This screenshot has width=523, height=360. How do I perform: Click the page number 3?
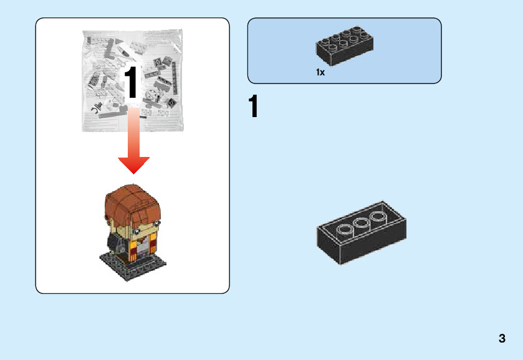502,339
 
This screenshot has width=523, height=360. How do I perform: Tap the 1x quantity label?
320,73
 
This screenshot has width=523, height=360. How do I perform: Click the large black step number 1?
253,107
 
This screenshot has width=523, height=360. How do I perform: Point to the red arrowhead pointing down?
133,165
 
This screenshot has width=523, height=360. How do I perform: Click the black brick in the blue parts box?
345,47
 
